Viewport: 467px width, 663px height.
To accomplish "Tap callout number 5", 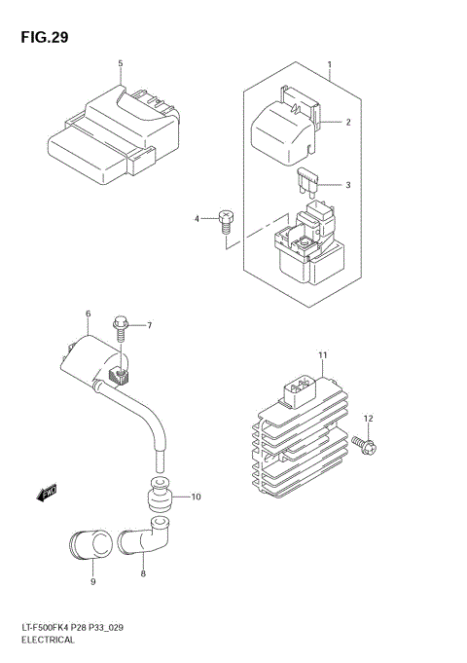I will point(121,64).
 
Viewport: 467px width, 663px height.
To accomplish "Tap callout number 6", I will point(88,313).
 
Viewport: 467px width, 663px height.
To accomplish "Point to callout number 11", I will point(322,353).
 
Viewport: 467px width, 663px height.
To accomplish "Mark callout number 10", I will point(195,497).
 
